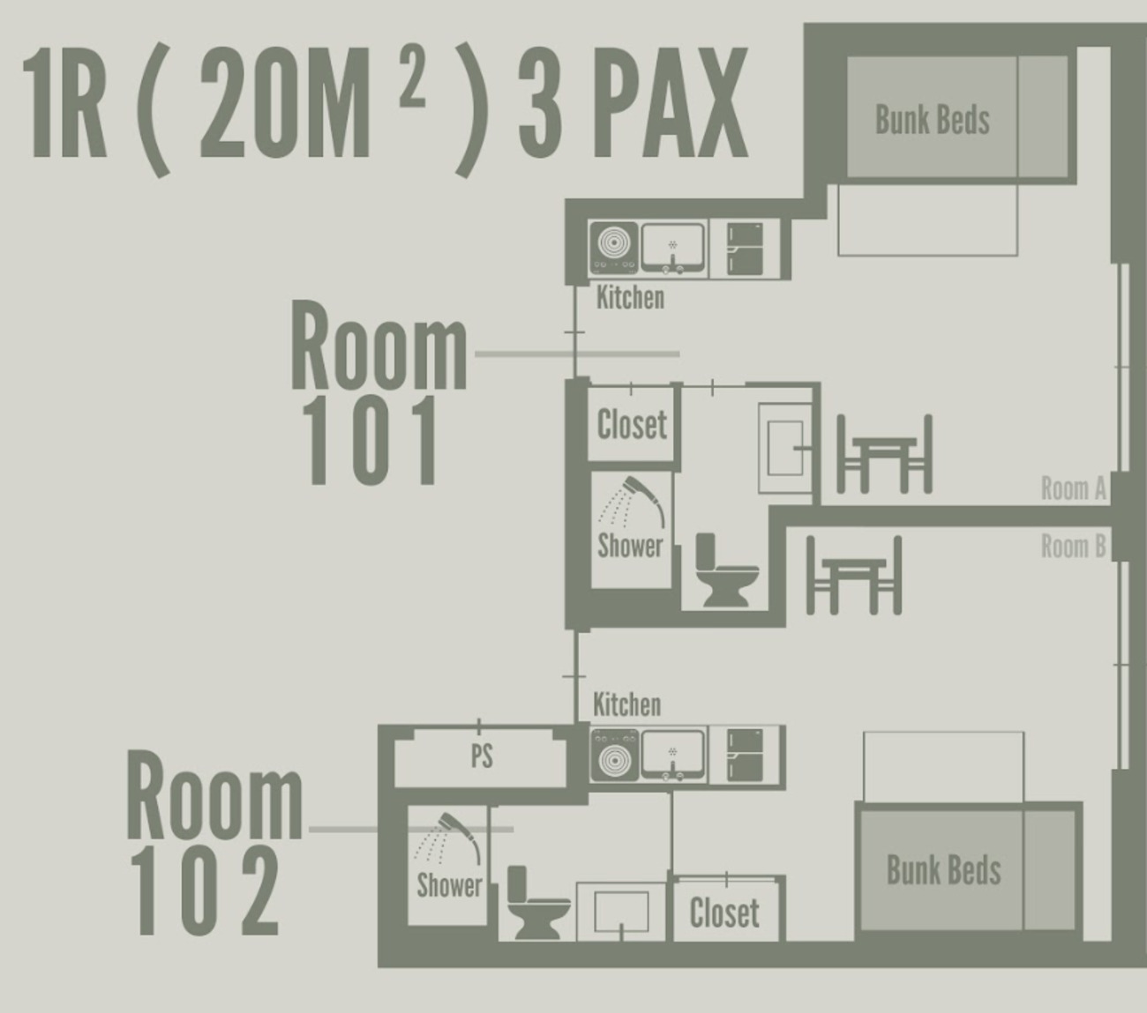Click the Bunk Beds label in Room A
point(932,120)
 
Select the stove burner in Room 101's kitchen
point(614,247)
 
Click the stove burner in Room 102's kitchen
point(615,755)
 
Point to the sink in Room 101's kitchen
point(673,248)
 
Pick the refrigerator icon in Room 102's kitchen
point(745,755)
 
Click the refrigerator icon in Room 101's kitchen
point(745,249)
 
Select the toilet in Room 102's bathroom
point(538,903)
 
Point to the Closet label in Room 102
point(724,912)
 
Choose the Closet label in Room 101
point(632,424)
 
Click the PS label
point(482,756)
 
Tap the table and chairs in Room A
point(884,454)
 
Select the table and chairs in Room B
point(854,575)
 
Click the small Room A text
point(1073,488)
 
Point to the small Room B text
point(1073,547)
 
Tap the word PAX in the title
point(670,103)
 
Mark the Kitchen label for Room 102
point(626,704)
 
